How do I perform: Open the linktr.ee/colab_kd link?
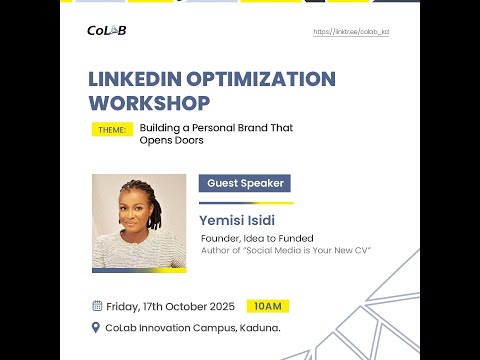351,32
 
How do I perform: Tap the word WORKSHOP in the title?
149,103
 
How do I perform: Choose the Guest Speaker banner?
245,183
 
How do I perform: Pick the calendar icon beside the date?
97,306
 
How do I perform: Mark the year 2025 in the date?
219,306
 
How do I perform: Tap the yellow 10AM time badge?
268,306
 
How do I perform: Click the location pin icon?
97,327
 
